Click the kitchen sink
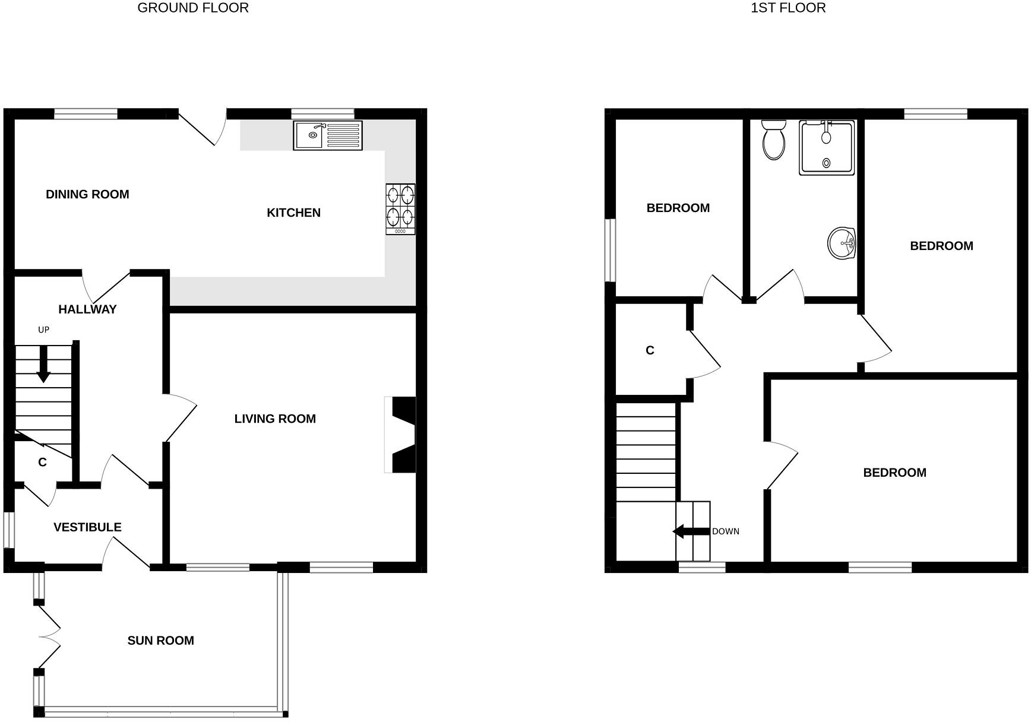(327, 135)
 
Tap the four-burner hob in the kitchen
(400, 208)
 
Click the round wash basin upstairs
(842, 243)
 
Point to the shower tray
(827, 147)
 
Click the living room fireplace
(401, 434)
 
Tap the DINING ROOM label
(87, 194)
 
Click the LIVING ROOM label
(275, 419)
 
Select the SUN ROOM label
(160, 640)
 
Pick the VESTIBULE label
(87, 527)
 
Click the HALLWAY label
(87, 309)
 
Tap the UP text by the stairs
(43, 330)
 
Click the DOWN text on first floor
(726, 531)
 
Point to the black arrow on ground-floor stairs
(43, 364)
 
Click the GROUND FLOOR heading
(193, 8)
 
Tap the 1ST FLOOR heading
(788, 8)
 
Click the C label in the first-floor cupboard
(650, 350)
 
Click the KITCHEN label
(293, 213)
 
